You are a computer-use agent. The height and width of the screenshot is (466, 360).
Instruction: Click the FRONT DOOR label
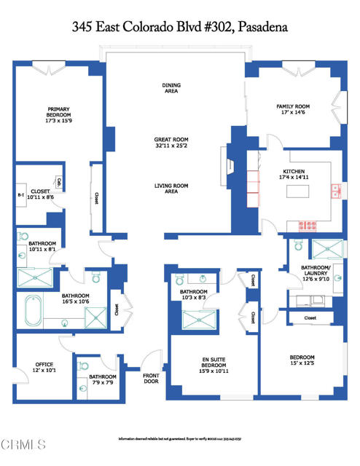(x=151, y=379)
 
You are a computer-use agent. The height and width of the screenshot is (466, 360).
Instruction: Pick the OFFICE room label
(x=44, y=368)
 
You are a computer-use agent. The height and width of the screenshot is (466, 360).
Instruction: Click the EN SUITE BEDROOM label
(x=215, y=363)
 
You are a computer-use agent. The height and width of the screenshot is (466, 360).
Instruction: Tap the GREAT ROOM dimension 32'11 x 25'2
(x=171, y=145)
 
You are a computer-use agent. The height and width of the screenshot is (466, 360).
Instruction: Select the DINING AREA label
(x=171, y=88)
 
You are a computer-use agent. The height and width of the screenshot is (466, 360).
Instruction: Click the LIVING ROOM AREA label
(x=171, y=189)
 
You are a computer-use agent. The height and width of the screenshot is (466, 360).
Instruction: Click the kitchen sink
(x=336, y=191)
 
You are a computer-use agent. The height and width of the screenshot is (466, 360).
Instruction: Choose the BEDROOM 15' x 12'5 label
(x=302, y=360)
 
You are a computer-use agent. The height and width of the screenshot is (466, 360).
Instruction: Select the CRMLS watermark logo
(x=24, y=444)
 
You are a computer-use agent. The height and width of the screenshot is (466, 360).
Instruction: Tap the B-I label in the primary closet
(x=21, y=195)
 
